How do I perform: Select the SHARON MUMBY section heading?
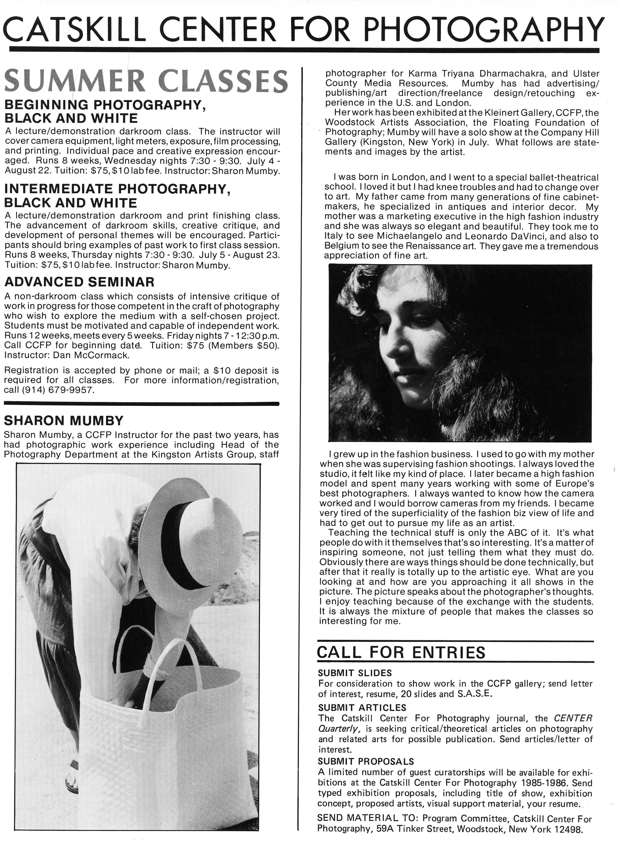coord(63,420)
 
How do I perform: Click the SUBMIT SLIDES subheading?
coord(355,673)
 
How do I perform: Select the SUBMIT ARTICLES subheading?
coord(362,708)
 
